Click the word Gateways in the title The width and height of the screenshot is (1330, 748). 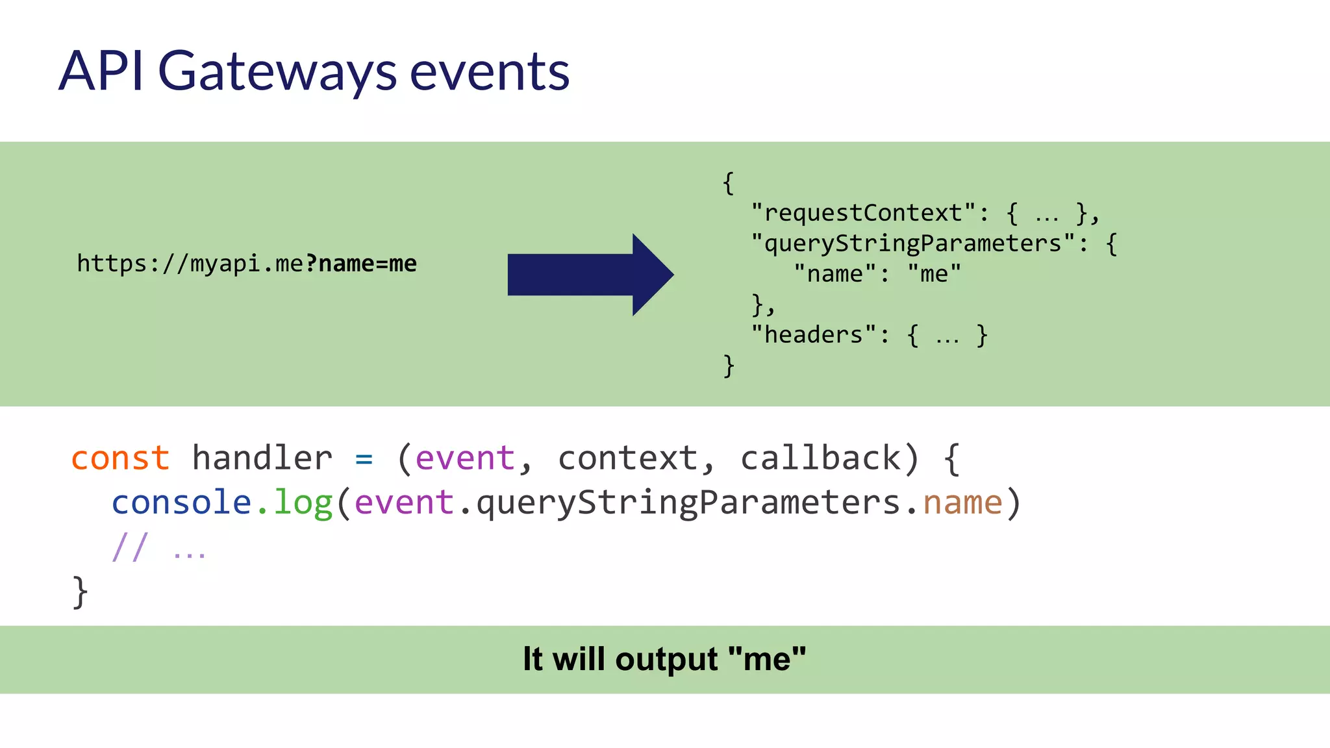[x=277, y=71]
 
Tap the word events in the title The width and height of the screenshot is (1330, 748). [x=490, y=71]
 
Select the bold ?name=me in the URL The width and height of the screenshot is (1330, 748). [x=361, y=264]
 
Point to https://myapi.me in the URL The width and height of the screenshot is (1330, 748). [x=190, y=264]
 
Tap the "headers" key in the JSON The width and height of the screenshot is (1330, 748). [x=814, y=335]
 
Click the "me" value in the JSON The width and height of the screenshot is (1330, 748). [x=934, y=274]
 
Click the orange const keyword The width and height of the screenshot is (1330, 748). [x=121, y=458]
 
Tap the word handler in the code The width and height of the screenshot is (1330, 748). [x=262, y=458]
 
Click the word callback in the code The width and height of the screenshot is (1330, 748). [x=821, y=458]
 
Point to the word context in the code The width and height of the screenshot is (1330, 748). [x=627, y=458]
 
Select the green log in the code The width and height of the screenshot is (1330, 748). [x=303, y=503]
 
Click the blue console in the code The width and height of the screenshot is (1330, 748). [x=181, y=503]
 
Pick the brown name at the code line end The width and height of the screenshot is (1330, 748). [x=962, y=503]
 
